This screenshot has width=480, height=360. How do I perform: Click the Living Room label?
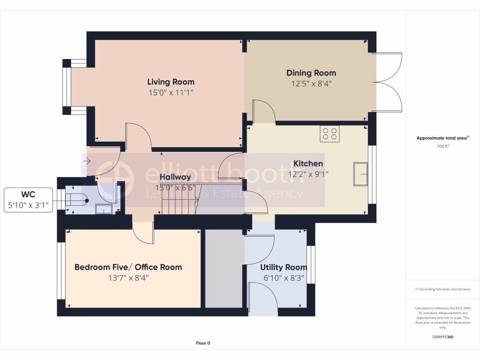click(x=171, y=82)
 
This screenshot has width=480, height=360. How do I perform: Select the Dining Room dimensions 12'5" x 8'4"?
click(x=311, y=84)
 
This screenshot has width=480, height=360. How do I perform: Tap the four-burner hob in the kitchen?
click(x=330, y=134)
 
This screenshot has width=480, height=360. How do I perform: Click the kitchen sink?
click(x=361, y=174)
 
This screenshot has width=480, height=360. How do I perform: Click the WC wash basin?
click(x=104, y=209)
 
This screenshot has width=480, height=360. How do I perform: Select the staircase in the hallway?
click(x=179, y=200)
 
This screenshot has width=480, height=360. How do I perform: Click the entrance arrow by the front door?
click(x=87, y=162)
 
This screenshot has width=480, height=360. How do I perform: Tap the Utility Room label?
click(x=284, y=267)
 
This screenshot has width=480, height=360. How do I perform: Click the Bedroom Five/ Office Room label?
click(x=128, y=267)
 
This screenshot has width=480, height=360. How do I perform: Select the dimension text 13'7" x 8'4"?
click(x=128, y=278)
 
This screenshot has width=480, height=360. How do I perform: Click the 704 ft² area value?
click(x=442, y=146)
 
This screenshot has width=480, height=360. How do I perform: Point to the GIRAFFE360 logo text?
click(x=442, y=337)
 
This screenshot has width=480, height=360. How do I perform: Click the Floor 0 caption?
click(x=203, y=343)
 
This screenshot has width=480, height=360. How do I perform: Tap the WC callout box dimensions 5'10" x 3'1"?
click(x=28, y=205)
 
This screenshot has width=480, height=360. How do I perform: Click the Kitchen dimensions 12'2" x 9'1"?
click(x=308, y=174)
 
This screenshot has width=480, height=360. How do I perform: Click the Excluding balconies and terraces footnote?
click(x=442, y=289)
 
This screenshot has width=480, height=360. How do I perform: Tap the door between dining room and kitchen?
click(x=263, y=112)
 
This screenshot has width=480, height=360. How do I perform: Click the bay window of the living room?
click(x=67, y=87)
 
